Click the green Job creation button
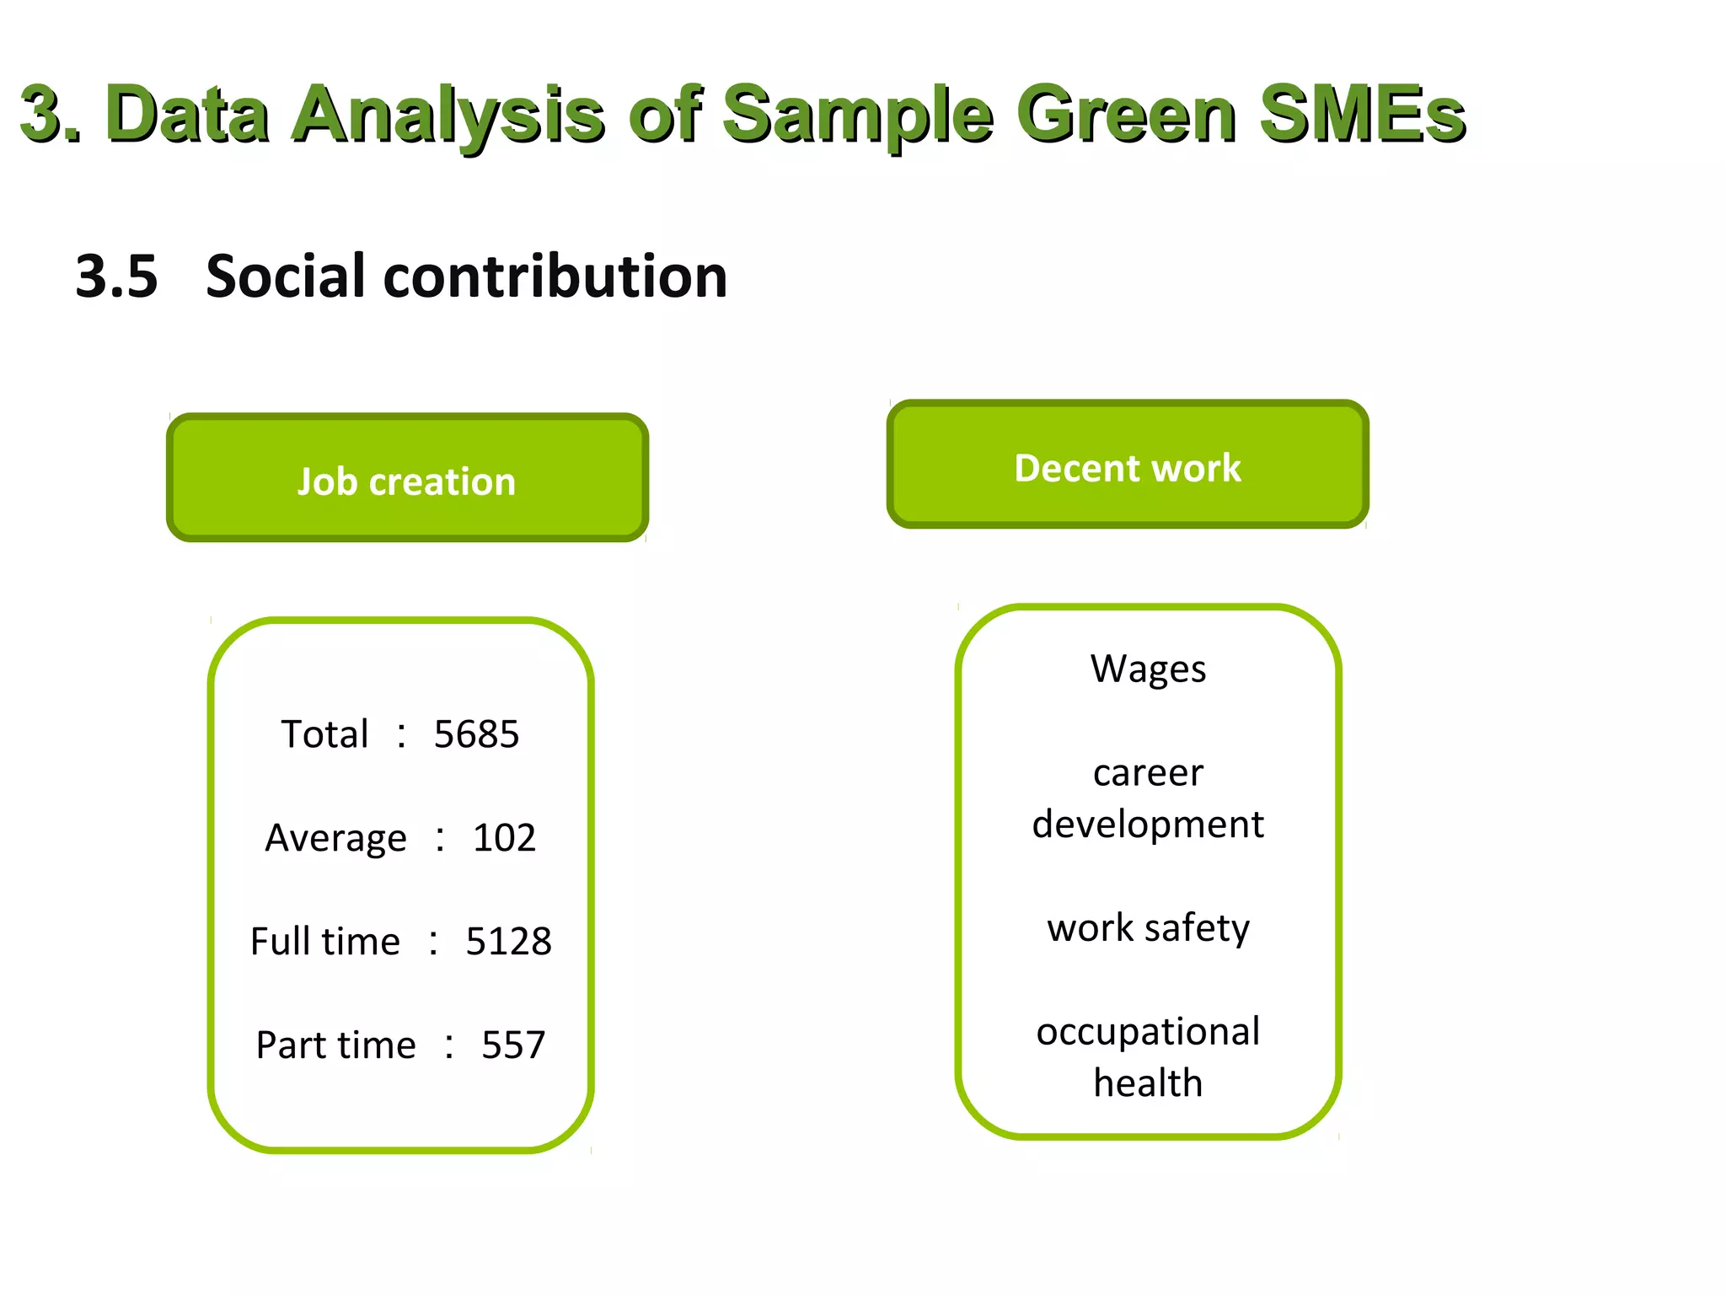(x=407, y=478)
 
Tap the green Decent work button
(x=1127, y=465)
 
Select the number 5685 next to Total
(x=476, y=734)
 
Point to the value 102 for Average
(x=504, y=838)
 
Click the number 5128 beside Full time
(x=508, y=942)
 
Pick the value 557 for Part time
(x=513, y=1045)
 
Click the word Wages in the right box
(x=1148, y=669)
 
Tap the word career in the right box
(x=1148, y=773)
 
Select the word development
(x=1148, y=825)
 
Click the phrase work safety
(x=1148, y=928)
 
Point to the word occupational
(x=1148, y=1032)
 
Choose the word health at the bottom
(x=1148, y=1083)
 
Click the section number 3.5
(x=116, y=277)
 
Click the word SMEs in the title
(x=1362, y=114)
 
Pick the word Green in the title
(x=1127, y=114)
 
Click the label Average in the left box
(x=335, y=838)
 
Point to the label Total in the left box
(x=324, y=734)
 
